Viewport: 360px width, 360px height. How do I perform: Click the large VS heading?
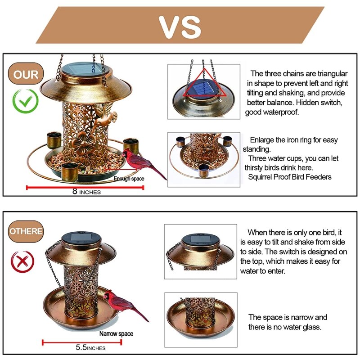(180, 27)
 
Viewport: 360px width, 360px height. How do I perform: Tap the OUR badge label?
(26, 74)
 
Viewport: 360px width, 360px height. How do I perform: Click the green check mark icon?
(25, 101)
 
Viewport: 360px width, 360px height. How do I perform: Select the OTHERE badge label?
(26, 231)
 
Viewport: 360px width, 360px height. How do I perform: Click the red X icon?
(22, 262)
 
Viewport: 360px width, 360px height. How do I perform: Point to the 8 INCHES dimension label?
(86, 192)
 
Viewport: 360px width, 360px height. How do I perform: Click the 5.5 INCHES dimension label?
(91, 347)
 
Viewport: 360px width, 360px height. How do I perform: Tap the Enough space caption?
(129, 179)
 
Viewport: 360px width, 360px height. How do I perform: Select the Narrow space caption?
(116, 333)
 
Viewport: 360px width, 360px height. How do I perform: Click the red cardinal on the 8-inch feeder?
(142, 162)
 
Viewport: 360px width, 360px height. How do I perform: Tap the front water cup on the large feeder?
(70, 172)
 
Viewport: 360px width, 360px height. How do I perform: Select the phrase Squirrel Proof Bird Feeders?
(290, 177)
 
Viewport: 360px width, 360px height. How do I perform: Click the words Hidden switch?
(319, 103)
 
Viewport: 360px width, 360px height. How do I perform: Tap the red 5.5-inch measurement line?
(82, 342)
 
